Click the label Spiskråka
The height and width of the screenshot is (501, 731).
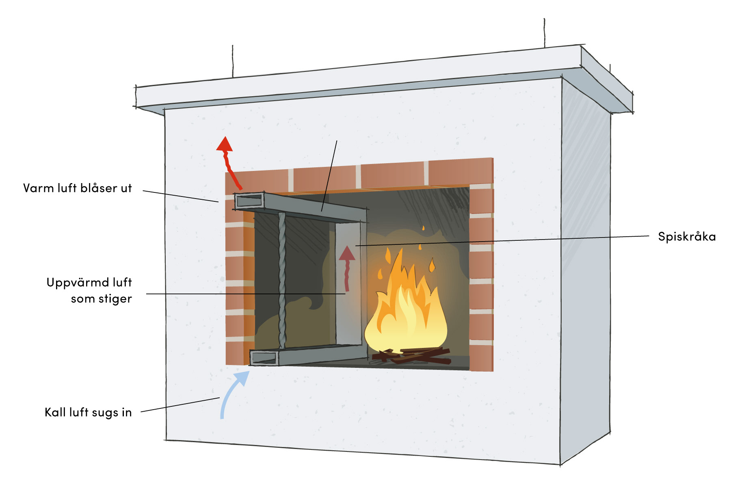[x=686, y=237]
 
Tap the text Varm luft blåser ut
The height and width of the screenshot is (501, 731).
[x=78, y=188]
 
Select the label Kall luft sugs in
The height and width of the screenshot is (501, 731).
[x=88, y=412]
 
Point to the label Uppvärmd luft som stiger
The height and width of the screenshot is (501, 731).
[x=89, y=291]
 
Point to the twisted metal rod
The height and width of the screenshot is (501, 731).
[x=282, y=280]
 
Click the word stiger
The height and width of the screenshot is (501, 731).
[x=115, y=299]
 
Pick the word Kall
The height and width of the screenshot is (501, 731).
[x=55, y=412]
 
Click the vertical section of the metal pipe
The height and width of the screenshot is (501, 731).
[x=348, y=284]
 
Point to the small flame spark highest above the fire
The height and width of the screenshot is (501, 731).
[x=423, y=228]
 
